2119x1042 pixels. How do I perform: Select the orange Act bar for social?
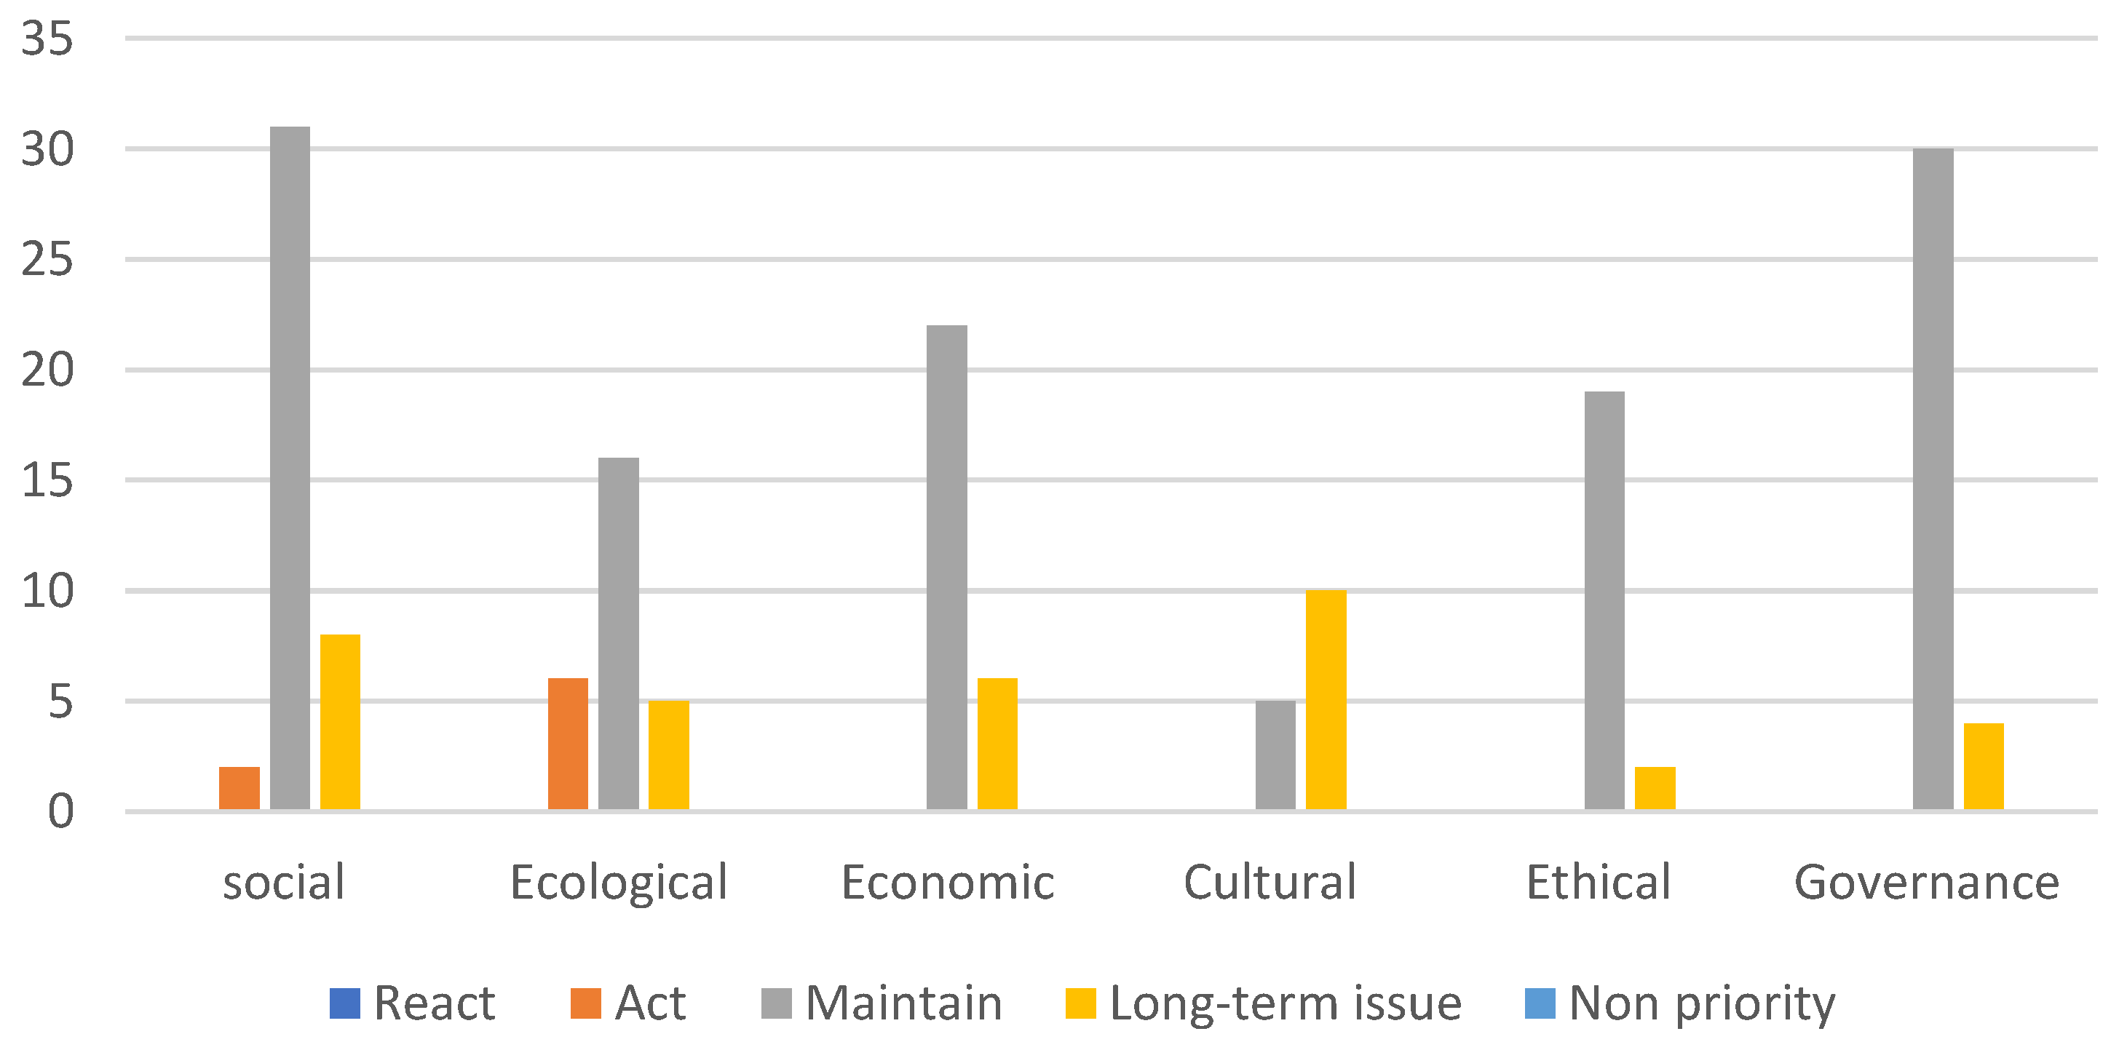click(239, 788)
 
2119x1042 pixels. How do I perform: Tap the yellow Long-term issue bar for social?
click(340, 721)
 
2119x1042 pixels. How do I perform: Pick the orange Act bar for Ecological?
click(569, 744)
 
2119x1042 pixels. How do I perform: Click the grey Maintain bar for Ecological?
click(619, 633)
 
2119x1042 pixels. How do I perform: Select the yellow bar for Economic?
click(997, 744)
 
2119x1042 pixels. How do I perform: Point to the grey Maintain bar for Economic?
click(947, 568)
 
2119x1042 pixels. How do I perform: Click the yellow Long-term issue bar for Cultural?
click(1326, 699)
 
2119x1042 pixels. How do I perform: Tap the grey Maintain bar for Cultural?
click(1275, 755)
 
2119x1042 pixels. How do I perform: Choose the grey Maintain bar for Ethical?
click(1604, 600)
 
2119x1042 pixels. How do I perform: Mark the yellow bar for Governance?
click(1984, 765)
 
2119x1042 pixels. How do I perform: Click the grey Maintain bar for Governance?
click(1933, 479)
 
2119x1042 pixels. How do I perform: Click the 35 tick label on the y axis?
click(47, 39)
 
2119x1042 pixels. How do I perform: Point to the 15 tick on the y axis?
click(47, 480)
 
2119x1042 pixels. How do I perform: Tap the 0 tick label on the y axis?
click(60, 812)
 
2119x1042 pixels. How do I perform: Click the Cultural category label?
click(1270, 883)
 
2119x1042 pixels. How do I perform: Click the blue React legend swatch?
click(344, 1003)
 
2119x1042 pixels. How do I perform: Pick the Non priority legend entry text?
click(1701, 1003)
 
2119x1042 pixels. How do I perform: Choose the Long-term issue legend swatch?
click(1080, 1003)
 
